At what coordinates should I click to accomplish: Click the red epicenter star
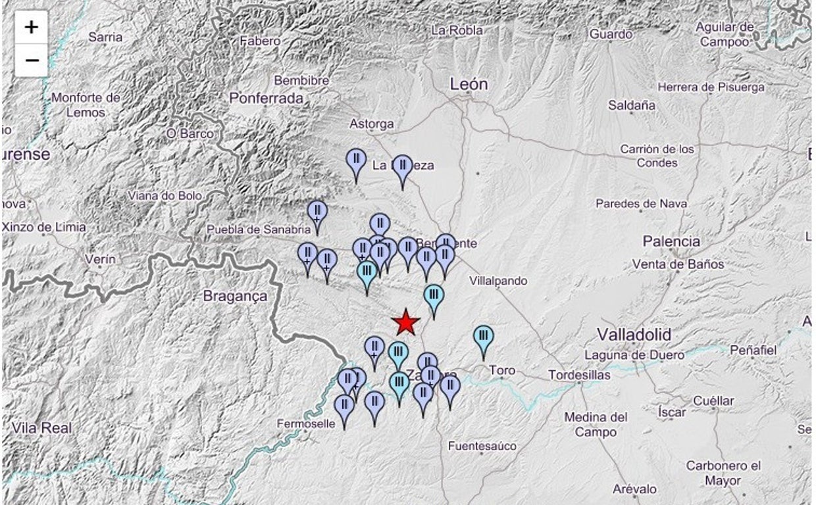(x=406, y=322)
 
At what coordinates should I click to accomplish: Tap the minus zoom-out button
(x=31, y=60)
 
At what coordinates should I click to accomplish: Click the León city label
(x=469, y=84)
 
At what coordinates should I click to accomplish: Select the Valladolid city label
(x=634, y=335)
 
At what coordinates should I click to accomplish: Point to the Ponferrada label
(x=267, y=99)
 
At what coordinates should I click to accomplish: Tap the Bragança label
(x=235, y=297)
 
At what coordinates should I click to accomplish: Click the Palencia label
(x=671, y=241)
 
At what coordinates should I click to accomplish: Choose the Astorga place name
(x=371, y=124)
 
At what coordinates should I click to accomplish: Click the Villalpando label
(x=498, y=281)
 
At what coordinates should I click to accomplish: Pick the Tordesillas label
(x=579, y=375)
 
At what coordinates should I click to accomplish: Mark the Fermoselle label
(x=306, y=424)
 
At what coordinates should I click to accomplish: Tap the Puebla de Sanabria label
(x=258, y=229)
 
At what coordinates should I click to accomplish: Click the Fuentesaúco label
(x=482, y=446)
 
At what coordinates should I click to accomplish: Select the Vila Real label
(x=41, y=428)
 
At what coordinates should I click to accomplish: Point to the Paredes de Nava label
(x=641, y=204)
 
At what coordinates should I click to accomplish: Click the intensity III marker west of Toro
(x=484, y=337)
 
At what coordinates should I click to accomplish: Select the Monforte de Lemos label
(x=86, y=105)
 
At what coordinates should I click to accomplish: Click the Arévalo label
(x=634, y=489)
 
